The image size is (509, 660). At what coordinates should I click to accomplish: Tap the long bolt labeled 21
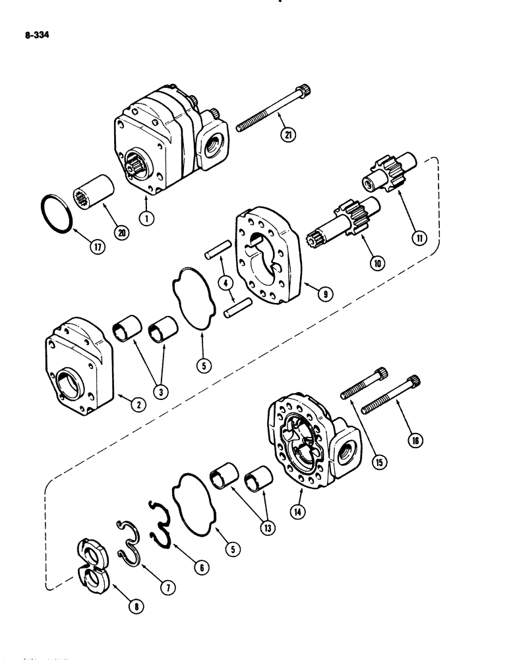(x=274, y=110)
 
